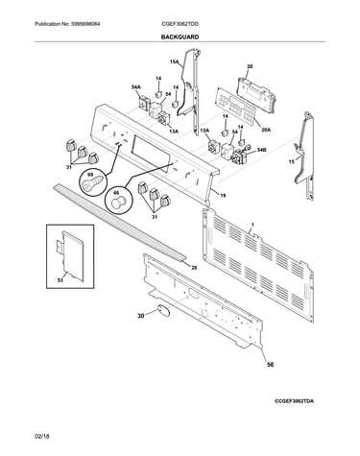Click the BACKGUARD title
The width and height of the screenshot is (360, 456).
[180, 37]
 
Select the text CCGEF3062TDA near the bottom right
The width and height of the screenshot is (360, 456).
[294, 400]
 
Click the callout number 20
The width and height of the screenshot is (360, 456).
[250, 66]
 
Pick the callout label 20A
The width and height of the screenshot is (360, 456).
[266, 130]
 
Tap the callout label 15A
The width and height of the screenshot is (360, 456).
[175, 61]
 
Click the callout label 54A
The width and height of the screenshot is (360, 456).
[136, 87]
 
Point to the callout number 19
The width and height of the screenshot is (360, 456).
[223, 195]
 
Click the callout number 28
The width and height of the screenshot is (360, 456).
[194, 268]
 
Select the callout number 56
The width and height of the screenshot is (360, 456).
[271, 364]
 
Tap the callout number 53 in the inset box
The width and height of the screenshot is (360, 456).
[60, 280]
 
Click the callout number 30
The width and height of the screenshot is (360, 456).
[141, 317]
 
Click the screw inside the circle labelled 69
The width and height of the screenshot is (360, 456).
[93, 181]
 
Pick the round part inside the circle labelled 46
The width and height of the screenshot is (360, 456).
[118, 203]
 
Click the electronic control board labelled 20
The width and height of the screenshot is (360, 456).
[256, 92]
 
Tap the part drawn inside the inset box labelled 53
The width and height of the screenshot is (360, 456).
[72, 256]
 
